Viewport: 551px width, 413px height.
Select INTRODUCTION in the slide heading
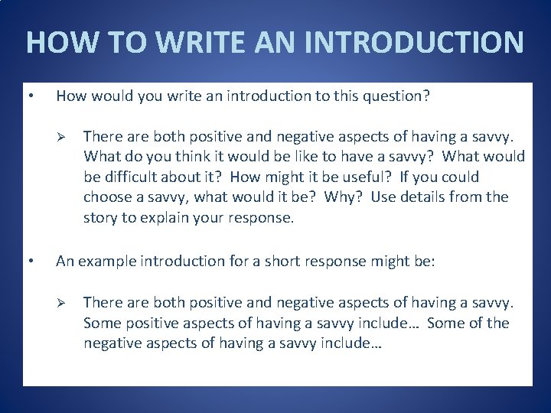click(414, 42)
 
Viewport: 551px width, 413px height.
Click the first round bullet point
click(29, 96)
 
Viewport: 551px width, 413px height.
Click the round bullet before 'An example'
click(29, 262)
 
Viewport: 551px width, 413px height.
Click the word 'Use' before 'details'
click(382, 197)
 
